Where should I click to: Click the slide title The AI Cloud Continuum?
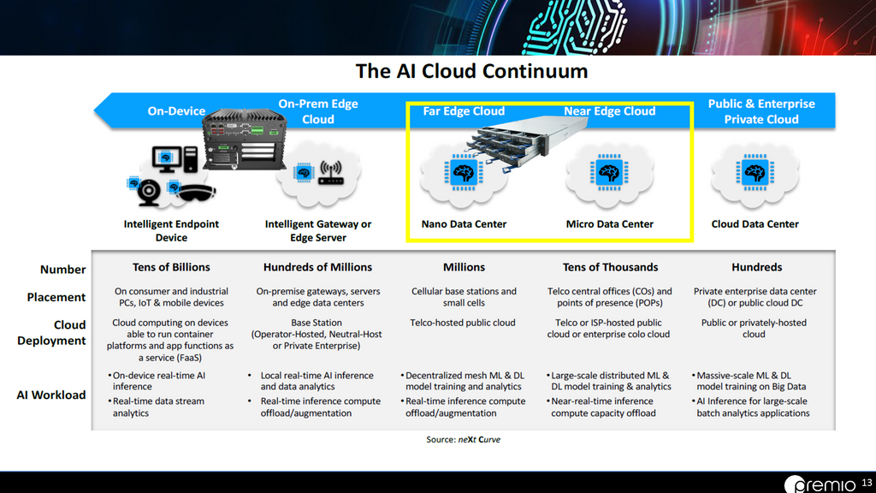(471, 71)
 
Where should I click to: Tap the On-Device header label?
(176, 111)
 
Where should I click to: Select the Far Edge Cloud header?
(464, 111)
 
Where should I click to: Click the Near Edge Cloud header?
(609, 111)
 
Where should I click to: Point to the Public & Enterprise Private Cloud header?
(761, 111)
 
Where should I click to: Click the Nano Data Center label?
(464, 224)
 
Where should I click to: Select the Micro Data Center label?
(609, 224)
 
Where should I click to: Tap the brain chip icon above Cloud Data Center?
(755, 172)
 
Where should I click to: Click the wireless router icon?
(330, 173)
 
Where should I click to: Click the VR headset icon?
(197, 193)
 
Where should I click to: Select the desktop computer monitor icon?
(167, 159)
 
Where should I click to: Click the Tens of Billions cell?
(171, 267)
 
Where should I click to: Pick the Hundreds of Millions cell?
(317, 267)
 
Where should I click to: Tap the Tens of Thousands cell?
(610, 267)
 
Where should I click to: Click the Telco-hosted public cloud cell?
(463, 323)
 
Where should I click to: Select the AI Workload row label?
(50, 395)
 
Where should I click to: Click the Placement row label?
(56, 297)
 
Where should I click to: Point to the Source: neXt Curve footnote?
(463, 439)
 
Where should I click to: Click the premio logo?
(820, 484)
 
